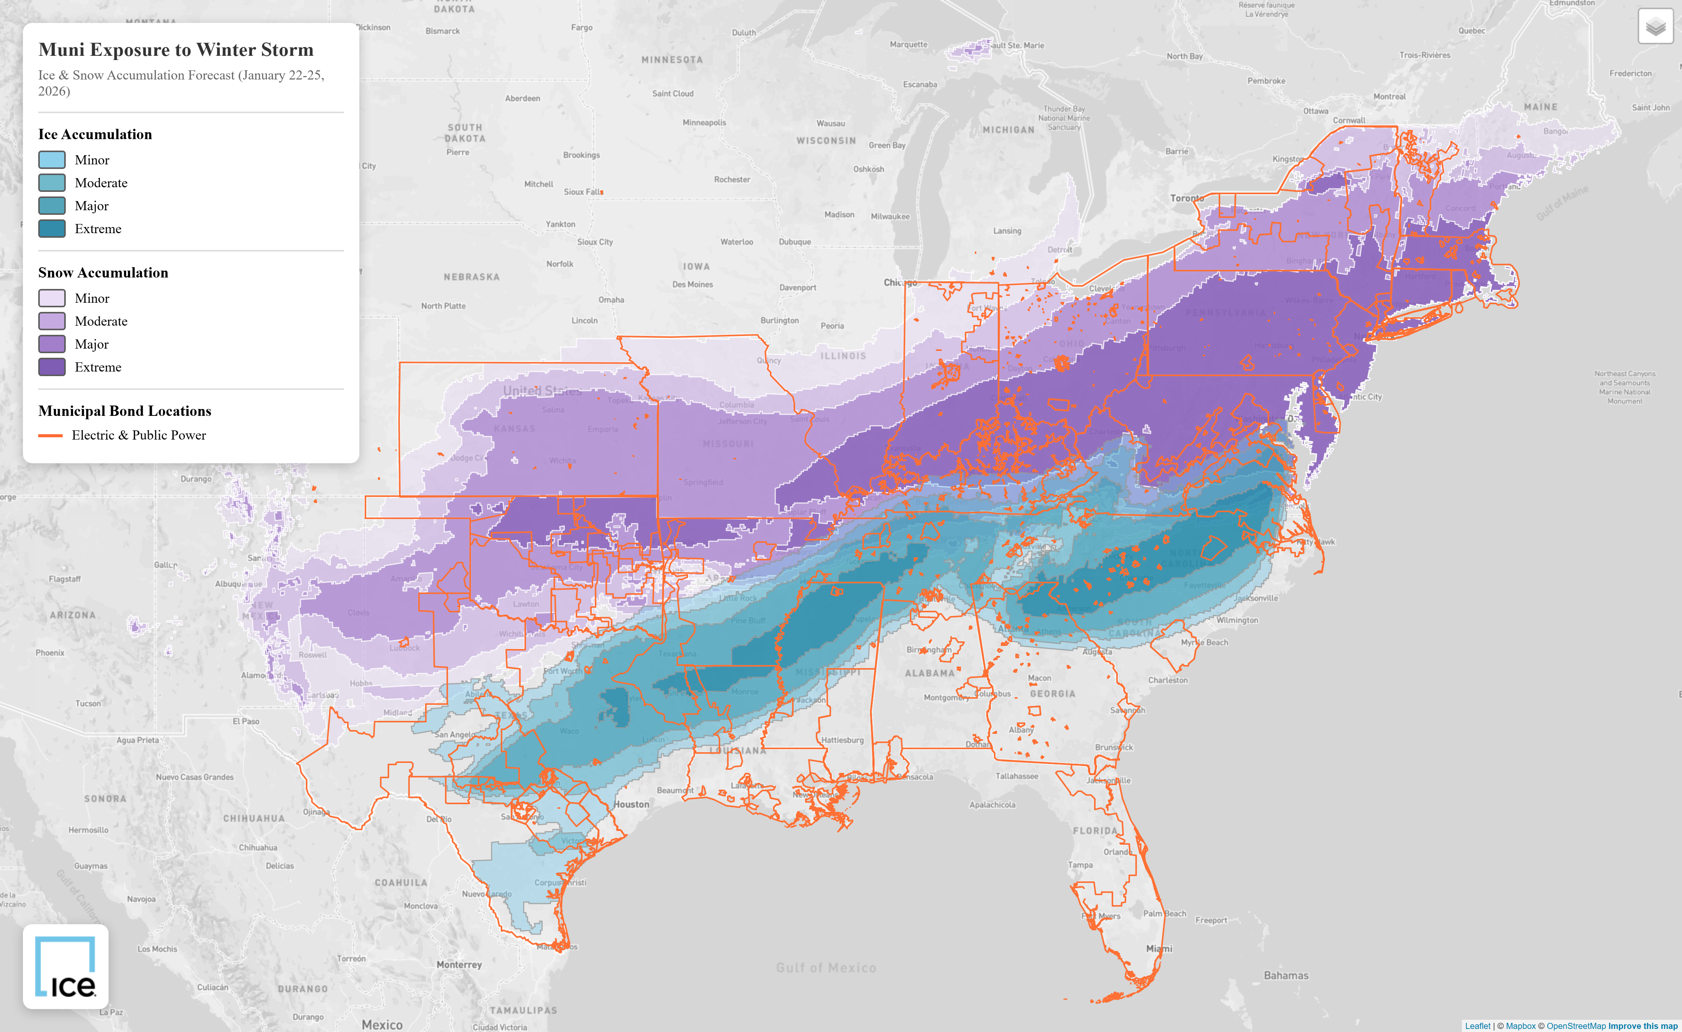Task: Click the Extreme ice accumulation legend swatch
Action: coord(52,229)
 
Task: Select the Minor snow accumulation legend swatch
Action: coord(52,298)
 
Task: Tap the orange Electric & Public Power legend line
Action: coord(50,435)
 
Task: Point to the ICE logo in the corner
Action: coord(65,967)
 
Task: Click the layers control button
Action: coord(1655,27)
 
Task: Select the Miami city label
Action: coord(1159,949)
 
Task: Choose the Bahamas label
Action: coord(1286,975)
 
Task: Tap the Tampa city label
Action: coord(1080,865)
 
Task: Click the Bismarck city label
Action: coord(442,31)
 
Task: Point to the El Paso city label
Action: coord(246,722)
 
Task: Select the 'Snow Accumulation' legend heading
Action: coord(103,273)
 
